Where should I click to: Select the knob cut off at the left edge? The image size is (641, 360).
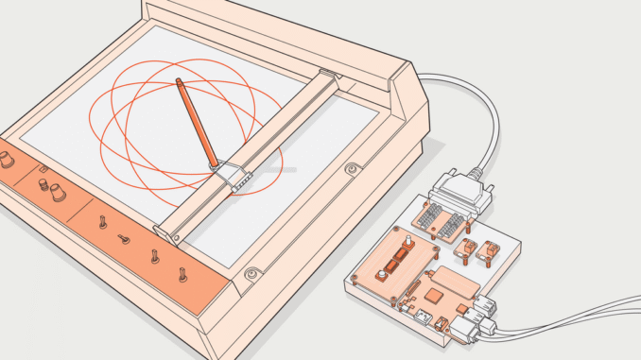point(6,160)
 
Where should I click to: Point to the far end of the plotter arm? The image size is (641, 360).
point(326,75)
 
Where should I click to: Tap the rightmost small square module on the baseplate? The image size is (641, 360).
point(491,251)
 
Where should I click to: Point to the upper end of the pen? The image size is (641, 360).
point(178,83)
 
